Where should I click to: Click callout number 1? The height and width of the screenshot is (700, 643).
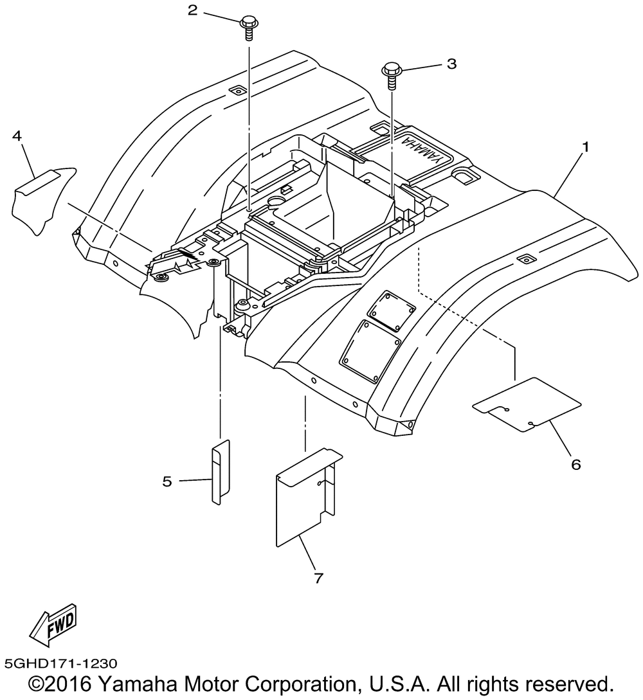[585, 147]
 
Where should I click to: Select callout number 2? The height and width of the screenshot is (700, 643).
[192, 10]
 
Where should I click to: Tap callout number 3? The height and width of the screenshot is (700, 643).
[452, 64]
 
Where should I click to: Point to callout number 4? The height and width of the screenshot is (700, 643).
[17, 136]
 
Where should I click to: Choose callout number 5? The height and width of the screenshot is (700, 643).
[167, 481]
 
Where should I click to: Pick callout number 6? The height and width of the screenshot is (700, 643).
[576, 465]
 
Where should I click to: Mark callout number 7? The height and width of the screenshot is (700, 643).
[318, 578]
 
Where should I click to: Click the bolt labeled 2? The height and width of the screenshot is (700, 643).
[248, 28]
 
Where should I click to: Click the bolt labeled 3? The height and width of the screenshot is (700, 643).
[392, 76]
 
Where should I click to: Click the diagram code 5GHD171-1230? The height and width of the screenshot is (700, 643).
[60, 663]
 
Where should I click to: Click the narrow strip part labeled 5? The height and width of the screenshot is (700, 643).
[221, 472]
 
